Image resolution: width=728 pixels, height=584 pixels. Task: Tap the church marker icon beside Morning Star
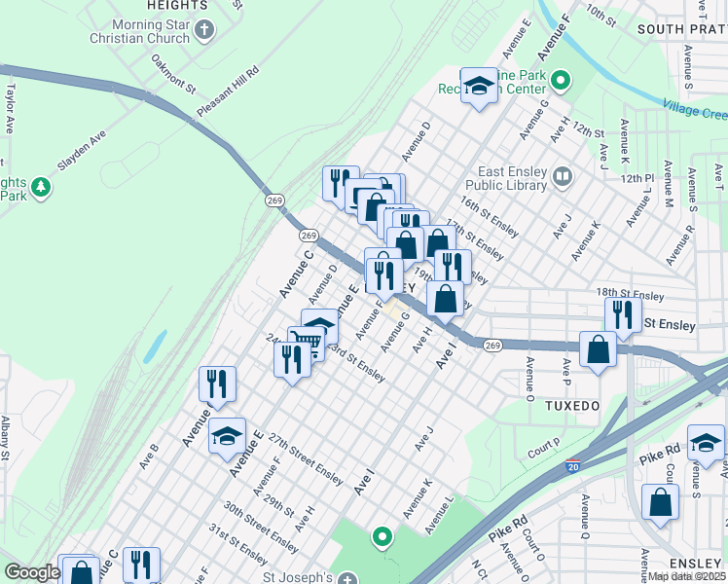pos(204,30)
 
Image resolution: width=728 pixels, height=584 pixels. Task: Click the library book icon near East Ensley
pos(563,177)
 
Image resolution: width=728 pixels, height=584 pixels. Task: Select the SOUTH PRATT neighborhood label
pos(681,30)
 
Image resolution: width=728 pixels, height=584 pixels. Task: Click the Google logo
pos(31,572)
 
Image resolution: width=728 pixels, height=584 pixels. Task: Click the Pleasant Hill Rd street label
pos(228,91)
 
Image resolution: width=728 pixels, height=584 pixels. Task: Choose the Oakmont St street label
pos(173,73)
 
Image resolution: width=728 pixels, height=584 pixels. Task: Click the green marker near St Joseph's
pos(382,535)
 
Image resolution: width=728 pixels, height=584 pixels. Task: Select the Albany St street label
pos(5,439)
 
